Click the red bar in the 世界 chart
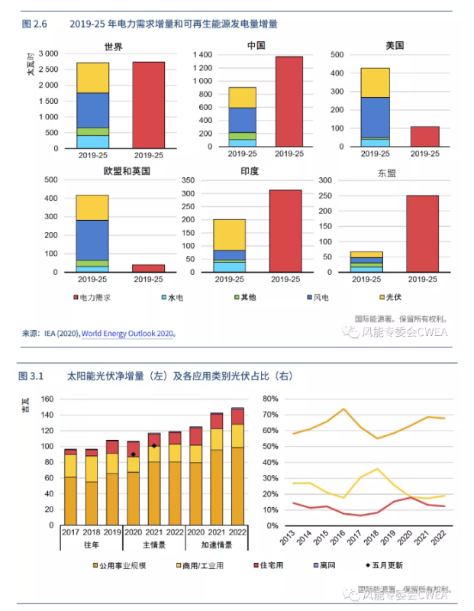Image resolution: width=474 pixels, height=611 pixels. point(148,105)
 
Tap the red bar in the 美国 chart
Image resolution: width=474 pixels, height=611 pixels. point(425,137)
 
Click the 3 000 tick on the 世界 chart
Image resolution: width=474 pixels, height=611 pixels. point(47,54)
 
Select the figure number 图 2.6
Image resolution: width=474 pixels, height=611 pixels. point(35,24)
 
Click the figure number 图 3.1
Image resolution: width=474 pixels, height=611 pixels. point(33,377)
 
